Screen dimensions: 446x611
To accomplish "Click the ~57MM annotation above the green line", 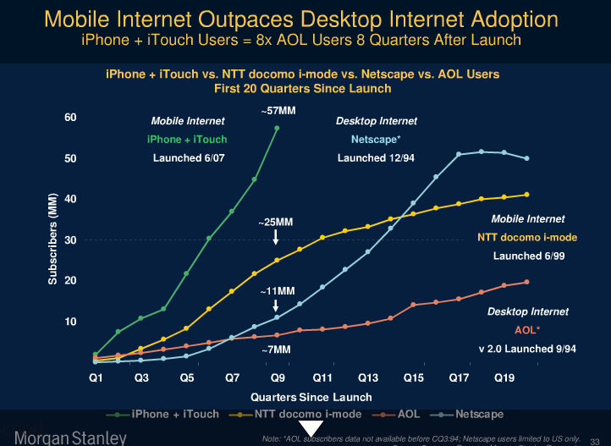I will (278, 112).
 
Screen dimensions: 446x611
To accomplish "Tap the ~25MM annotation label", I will (276, 223).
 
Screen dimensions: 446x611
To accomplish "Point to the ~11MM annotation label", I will (276, 291).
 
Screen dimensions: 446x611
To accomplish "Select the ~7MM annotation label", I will (276, 349).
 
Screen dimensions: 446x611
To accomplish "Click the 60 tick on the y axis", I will (70, 118).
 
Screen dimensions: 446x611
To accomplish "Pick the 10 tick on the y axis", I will (70, 322).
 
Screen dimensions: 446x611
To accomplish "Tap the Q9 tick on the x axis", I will (277, 378).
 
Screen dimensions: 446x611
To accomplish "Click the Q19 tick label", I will (504, 378).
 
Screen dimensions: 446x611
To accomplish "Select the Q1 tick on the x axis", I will (96, 378).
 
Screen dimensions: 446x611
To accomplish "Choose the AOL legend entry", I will (404, 414).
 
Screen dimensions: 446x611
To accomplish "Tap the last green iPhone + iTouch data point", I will (277, 129).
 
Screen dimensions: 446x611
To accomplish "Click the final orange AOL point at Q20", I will (527, 282).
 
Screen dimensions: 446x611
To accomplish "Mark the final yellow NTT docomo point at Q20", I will (527, 195).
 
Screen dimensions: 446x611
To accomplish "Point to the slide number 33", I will (594, 439).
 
